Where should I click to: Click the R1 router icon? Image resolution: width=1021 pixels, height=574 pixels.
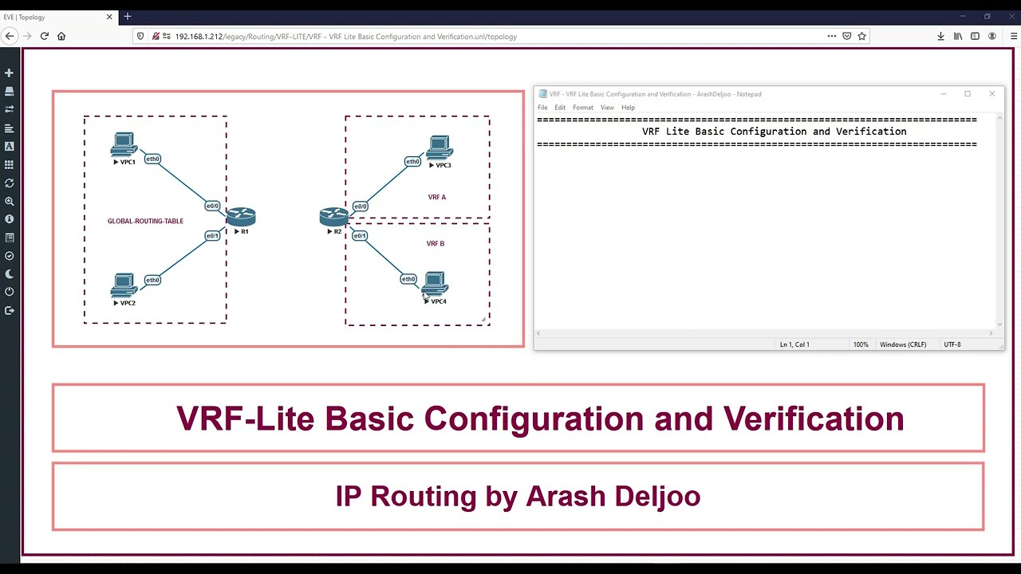[240, 216]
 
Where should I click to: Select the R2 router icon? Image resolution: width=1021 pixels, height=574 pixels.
[333, 216]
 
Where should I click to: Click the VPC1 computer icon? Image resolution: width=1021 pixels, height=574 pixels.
[124, 145]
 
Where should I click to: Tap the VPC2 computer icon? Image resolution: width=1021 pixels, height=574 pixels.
[124, 285]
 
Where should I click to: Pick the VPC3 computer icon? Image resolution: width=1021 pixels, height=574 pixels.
[440, 148]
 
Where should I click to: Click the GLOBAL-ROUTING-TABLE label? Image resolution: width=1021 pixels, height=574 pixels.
[145, 221]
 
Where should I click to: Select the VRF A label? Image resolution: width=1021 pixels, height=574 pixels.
[436, 197]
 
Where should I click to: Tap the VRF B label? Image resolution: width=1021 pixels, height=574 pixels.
[436, 243]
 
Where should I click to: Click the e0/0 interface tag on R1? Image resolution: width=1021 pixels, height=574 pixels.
[212, 206]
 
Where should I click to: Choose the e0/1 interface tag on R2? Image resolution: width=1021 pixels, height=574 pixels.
[360, 235]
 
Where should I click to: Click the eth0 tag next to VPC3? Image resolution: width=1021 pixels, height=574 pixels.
[412, 162]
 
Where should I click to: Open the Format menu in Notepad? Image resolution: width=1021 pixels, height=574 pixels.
[582, 108]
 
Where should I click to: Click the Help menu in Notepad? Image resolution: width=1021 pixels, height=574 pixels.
[628, 108]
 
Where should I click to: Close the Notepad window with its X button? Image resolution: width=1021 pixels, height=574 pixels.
[991, 94]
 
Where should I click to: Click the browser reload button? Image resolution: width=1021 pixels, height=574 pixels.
[45, 36]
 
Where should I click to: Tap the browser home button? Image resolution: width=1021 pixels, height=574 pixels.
[61, 36]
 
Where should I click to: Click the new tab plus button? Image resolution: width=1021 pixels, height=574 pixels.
[128, 17]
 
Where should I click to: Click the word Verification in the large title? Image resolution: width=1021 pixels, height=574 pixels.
[814, 419]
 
